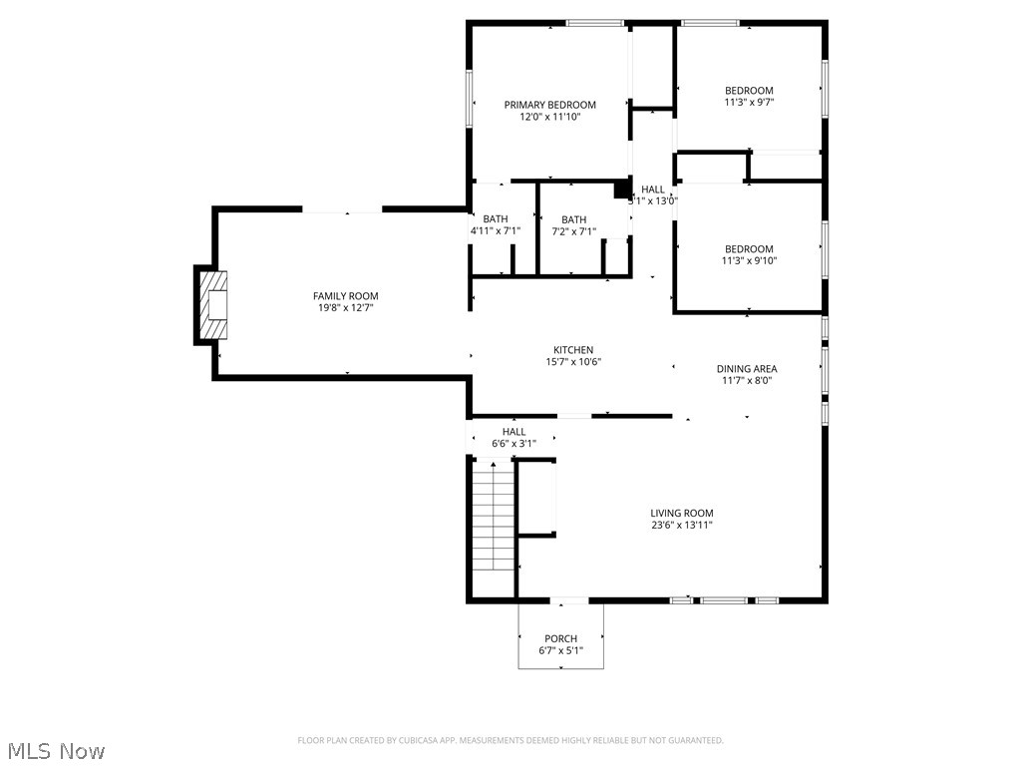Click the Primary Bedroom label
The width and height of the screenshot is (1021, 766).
point(549,105)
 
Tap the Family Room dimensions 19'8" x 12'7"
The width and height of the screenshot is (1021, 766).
point(345,308)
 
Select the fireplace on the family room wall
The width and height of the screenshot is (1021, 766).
point(212,306)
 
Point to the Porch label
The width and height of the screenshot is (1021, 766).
point(560,638)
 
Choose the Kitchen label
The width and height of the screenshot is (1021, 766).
point(573,350)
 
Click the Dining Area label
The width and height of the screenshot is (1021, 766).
point(746,369)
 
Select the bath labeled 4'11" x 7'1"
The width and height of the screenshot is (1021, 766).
point(496,225)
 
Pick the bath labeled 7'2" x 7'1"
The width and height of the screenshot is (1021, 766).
point(573,225)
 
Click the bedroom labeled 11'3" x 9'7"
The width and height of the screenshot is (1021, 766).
point(749,96)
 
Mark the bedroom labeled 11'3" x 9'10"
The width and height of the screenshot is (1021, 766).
point(749,254)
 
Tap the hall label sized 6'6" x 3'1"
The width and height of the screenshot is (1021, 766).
point(513,437)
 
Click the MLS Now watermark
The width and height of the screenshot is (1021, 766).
point(56,750)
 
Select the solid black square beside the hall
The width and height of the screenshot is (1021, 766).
point(621,189)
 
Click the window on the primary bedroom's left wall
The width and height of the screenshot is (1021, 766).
point(469,98)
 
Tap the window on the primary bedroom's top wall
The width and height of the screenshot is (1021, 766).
point(595,22)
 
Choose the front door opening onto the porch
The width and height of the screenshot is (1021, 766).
point(569,600)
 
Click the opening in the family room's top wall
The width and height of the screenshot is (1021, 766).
point(342,209)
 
